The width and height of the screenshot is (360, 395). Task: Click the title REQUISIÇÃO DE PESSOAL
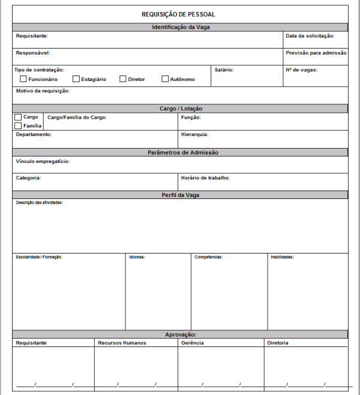[178, 14]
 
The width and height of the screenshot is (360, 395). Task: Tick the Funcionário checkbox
[23, 79]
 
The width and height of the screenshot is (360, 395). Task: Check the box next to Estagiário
[76, 79]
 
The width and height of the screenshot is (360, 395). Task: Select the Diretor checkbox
[123, 79]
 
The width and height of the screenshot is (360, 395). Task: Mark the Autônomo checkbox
[165, 79]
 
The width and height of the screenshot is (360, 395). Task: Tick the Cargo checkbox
[18, 117]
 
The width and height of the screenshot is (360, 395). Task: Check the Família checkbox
[18, 126]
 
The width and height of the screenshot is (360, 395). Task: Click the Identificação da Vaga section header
[181, 28]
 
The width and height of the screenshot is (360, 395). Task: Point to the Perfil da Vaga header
[181, 195]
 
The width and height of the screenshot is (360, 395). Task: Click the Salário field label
[224, 70]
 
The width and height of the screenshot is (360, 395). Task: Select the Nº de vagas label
[301, 70]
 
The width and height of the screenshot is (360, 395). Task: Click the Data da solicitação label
[310, 37]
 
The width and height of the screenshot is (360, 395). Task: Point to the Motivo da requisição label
[43, 91]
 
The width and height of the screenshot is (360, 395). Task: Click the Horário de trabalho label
[205, 178]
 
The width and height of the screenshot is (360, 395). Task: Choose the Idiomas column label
[137, 257]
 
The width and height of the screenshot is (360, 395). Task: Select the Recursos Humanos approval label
[121, 343]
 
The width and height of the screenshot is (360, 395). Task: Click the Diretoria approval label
[278, 343]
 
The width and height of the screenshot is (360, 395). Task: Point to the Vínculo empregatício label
[43, 162]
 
